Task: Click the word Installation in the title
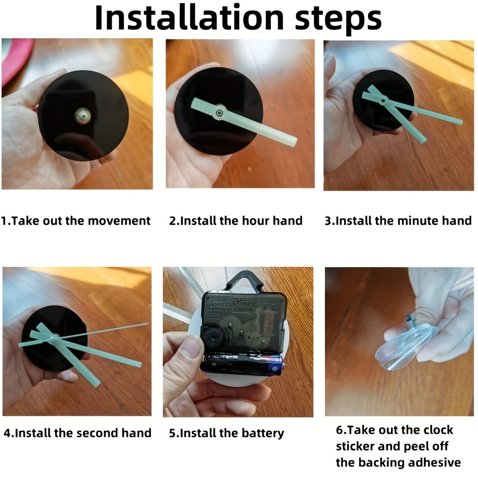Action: [x=190, y=18]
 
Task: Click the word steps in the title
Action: [x=338, y=20]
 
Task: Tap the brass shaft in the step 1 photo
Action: [x=82, y=116]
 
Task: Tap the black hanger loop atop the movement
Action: [x=244, y=280]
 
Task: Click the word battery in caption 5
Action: [x=263, y=433]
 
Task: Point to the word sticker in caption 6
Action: [x=355, y=446]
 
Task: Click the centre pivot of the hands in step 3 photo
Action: [x=382, y=100]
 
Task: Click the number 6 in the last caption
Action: [x=339, y=430]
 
